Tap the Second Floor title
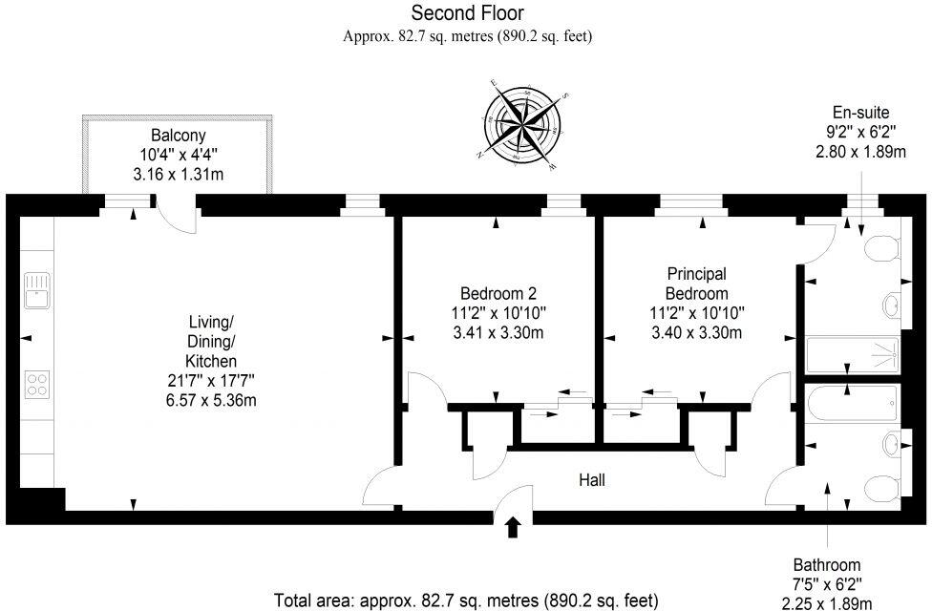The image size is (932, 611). (467, 13)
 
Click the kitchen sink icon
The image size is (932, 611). (37, 289)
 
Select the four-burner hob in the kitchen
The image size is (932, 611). (37, 384)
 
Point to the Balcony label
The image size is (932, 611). (178, 136)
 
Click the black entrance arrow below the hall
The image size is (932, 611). (513, 526)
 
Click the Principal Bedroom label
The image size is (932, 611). (696, 284)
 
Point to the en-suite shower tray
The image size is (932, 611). (853, 355)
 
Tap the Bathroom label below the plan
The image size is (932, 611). (827, 564)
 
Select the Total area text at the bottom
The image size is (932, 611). (466, 600)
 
